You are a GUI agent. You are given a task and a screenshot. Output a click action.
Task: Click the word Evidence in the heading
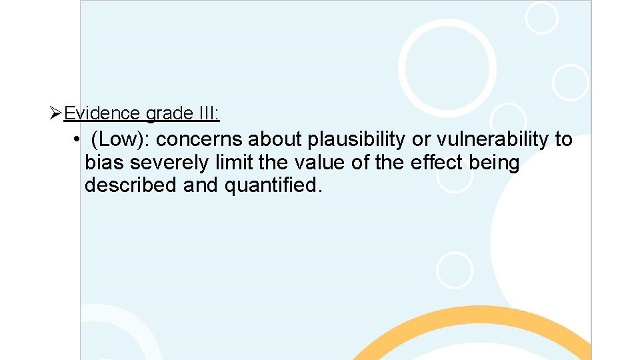click(x=102, y=114)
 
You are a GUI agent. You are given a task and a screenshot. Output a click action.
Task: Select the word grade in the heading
click(x=169, y=114)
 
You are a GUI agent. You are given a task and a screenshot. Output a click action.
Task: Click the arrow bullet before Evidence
click(x=56, y=114)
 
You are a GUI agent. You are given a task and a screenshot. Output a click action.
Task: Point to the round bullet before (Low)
click(x=77, y=140)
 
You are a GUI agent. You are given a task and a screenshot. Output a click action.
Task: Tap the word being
click(x=497, y=163)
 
